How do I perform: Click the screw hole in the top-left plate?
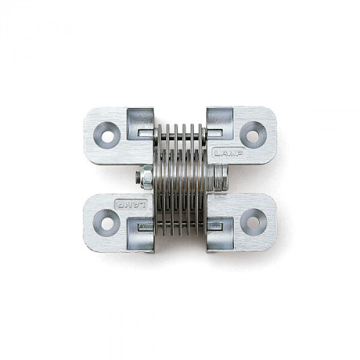click(107, 136)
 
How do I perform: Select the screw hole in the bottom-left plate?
click(107, 223)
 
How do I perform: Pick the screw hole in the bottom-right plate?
click(253, 223)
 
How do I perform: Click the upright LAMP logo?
click(228, 153)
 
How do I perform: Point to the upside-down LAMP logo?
click(131, 205)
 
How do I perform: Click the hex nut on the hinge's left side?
click(146, 178)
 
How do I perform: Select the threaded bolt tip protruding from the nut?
click(138, 177)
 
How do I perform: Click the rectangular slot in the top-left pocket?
click(146, 133)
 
